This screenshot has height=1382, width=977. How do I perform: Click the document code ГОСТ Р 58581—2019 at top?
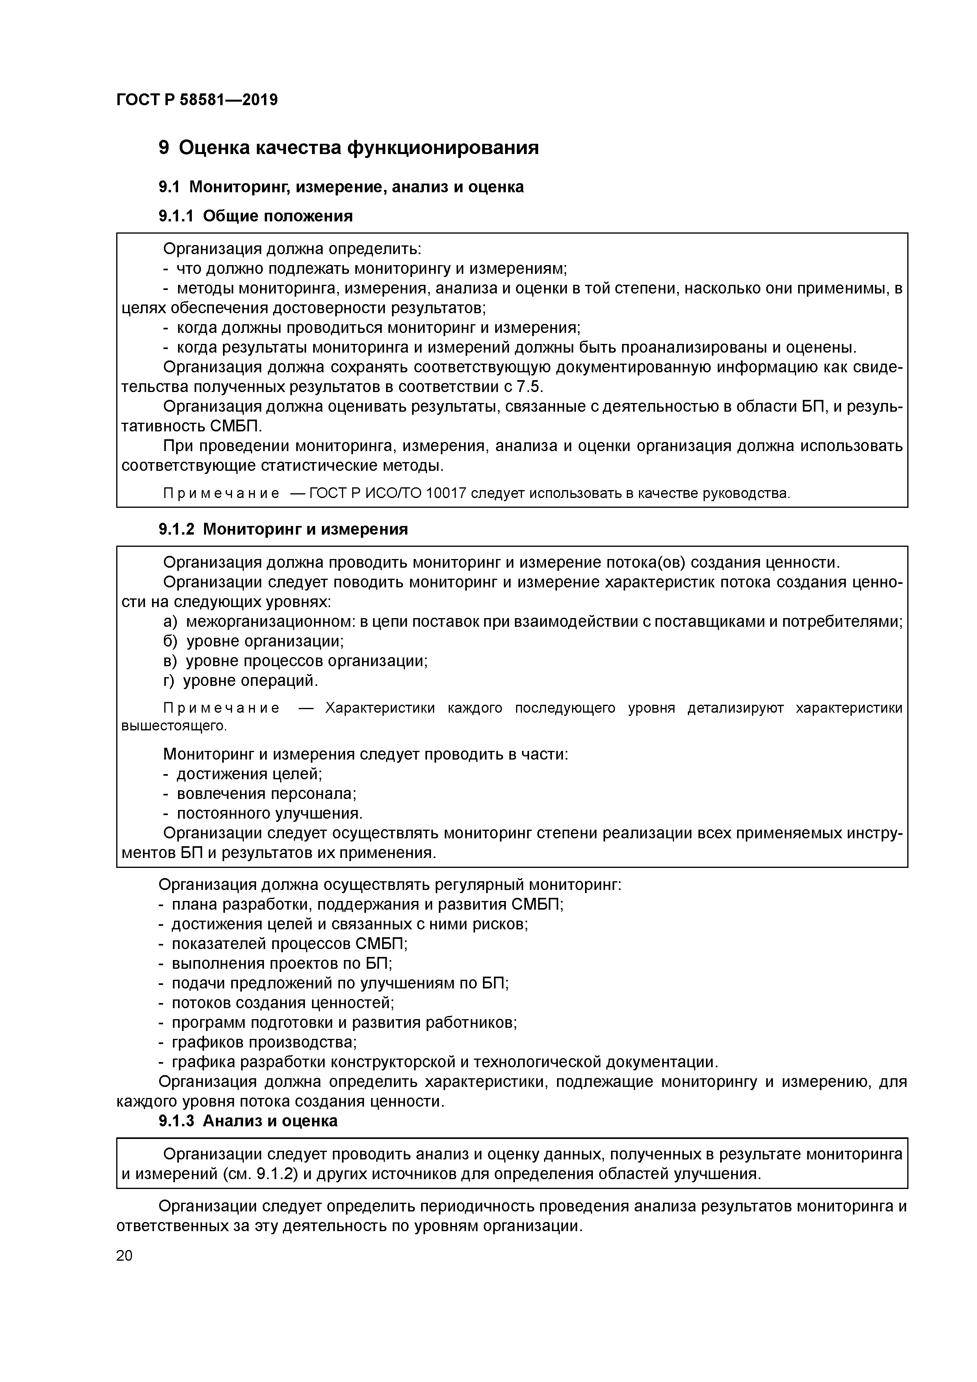[197, 100]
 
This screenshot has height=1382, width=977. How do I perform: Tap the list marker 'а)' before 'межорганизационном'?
[170, 622]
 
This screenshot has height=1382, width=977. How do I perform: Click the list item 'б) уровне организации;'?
[253, 642]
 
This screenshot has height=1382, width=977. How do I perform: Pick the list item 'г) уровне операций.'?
[240, 681]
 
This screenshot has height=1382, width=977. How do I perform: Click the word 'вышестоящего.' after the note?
[174, 726]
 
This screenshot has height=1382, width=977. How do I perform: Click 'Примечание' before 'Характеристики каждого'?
[221, 708]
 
